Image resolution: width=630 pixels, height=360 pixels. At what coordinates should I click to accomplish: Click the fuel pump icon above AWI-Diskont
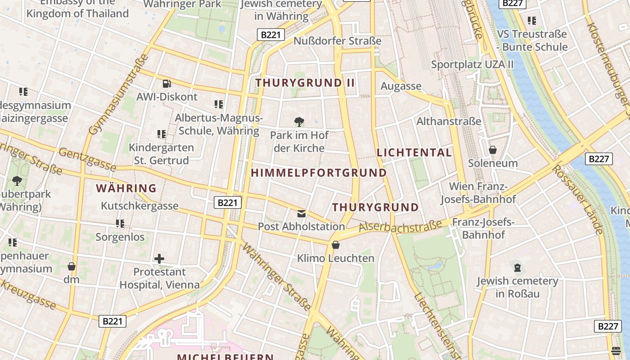point(166,83)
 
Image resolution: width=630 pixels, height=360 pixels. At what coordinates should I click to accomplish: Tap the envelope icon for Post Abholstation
point(301,213)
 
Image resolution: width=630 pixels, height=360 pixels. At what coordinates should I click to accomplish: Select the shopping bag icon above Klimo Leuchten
point(336,245)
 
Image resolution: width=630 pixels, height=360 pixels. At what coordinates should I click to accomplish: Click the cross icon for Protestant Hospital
point(159,259)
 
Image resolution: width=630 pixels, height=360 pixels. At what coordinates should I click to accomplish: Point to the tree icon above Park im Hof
point(299,121)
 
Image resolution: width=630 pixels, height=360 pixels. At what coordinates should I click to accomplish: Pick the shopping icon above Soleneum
point(493,150)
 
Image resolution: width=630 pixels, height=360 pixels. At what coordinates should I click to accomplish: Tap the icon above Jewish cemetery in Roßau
point(517,268)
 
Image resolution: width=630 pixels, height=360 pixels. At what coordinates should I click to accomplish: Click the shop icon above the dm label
point(71,266)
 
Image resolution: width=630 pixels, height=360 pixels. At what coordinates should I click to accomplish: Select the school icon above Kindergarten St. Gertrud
point(162,134)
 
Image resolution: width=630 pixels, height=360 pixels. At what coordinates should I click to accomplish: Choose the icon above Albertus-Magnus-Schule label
point(219,104)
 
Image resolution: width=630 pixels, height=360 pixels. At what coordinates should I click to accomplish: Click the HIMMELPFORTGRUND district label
point(319,173)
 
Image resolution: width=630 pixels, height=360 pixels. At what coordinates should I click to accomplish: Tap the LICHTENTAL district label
point(414,153)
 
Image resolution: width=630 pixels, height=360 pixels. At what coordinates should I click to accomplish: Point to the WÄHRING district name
point(126,188)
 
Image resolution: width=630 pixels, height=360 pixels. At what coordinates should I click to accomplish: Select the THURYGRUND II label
point(305,83)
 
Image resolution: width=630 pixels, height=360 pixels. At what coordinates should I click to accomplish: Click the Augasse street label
point(401,86)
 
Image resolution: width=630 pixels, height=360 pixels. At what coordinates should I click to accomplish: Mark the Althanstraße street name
point(449,121)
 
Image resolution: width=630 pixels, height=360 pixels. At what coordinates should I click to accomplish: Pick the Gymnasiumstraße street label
point(118,95)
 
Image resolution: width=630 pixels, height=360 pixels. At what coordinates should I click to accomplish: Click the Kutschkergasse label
point(139,206)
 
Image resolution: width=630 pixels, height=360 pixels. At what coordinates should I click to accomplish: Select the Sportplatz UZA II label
point(472,64)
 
